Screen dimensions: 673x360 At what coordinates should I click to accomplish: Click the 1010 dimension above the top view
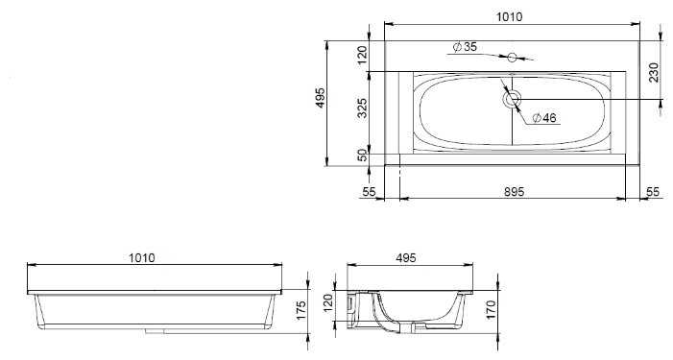[x=510, y=16]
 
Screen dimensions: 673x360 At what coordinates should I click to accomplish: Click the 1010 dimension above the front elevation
[x=142, y=258]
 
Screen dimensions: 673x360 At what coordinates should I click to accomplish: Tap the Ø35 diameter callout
[x=465, y=46]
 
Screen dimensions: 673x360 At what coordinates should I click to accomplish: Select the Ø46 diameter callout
[x=543, y=117]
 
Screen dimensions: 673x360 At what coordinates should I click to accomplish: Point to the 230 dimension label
[x=654, y=72]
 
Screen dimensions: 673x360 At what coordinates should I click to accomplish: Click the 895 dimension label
[x=515, y=191]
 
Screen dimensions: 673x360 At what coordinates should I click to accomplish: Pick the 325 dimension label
[x=363, y=108]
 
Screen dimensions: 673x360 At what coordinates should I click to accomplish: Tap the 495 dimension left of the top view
[x=321, y=98]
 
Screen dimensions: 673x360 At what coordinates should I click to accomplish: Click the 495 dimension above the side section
[x=406, y=258]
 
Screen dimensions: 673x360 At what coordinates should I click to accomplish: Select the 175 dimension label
[x=301, y=310]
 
